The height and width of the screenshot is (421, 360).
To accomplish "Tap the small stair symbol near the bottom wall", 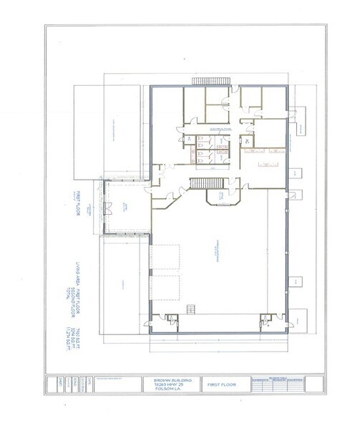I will [191, 309].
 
